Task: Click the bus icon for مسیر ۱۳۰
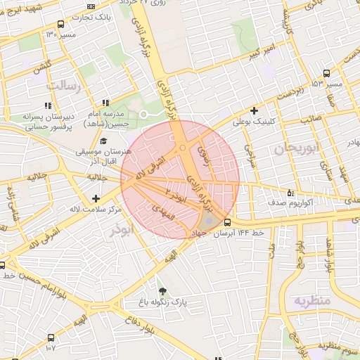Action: (60, 24)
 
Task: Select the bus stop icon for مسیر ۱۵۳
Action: (326, 74)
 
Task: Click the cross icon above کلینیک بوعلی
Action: (254, 110)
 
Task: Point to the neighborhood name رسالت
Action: (63, 85)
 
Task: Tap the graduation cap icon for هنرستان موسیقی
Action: (103, 141)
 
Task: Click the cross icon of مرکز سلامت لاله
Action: (96, 199)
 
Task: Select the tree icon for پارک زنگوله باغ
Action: (163, 290)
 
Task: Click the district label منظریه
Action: (311, 301)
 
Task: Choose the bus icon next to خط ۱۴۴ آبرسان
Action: (226, 222)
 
